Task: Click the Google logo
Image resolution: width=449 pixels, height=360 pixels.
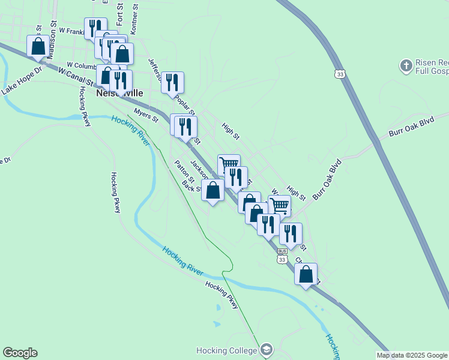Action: (x=20, y=353)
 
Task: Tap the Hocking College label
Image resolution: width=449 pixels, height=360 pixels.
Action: (x=228, y=350)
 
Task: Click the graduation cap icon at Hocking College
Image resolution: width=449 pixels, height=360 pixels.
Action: (x=267, y=349)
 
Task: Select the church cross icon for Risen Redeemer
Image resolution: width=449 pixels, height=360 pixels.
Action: (x=406, y=65)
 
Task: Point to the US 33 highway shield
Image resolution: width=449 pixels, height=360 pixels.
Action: (x=340, y=74)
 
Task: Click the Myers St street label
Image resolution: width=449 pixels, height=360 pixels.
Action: (x=146, y=115)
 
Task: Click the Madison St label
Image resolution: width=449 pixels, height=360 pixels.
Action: (x=52, y=31)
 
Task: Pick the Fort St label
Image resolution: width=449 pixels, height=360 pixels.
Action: (x=120, y=14)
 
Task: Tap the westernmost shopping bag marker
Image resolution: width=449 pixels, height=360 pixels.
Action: (x=38, y=46)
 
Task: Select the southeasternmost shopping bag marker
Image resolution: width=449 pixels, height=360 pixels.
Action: (x=306, y=274)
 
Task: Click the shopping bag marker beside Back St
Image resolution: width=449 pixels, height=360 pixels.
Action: (x=213, y=190)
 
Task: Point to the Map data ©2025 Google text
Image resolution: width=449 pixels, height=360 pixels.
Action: (x=412, y=355)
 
